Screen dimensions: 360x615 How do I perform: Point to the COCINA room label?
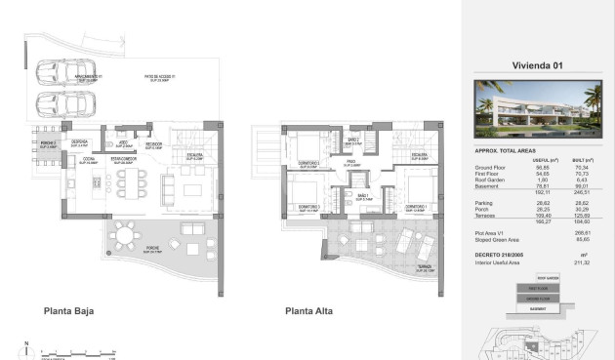coord(89,159)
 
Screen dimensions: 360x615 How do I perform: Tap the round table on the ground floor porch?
coord(149,234)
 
